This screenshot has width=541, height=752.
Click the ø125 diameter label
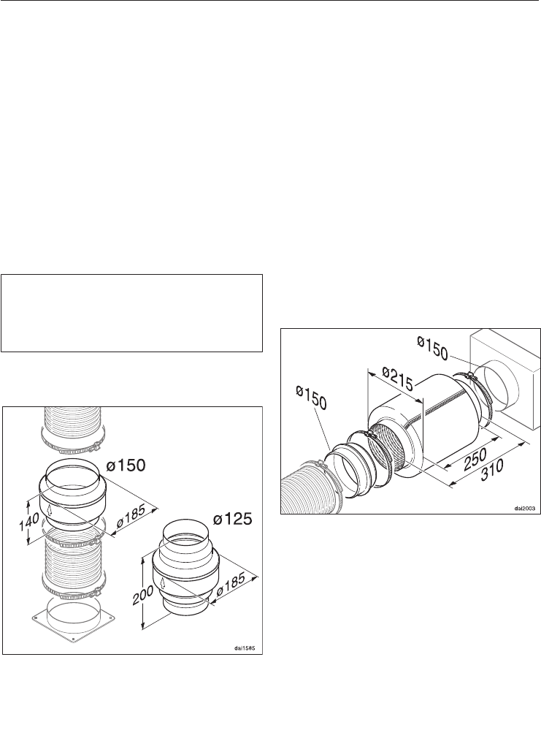pos(233,519)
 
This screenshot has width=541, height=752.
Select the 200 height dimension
pos(147,595)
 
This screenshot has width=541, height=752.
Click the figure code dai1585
pos(245,648)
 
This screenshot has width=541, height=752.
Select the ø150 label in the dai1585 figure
pos(126,466)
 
